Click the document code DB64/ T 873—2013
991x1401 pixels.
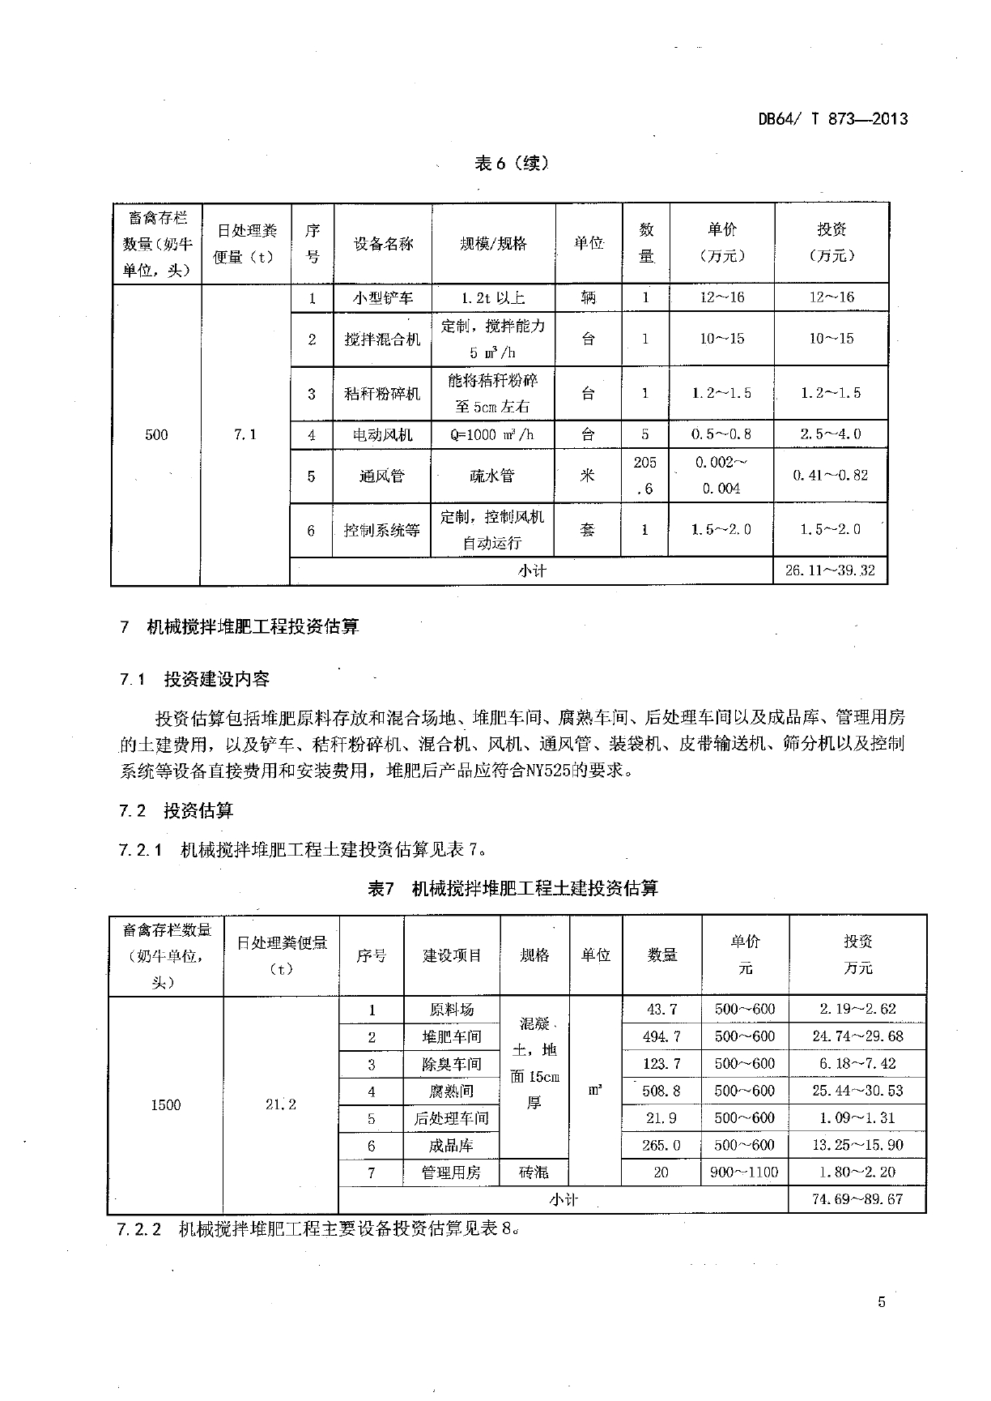[x=833, y=119]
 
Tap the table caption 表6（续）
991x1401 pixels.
[x=511, y=164]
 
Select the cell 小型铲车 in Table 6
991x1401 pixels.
[x=382, y=297]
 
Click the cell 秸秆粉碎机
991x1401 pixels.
[x=382, y=394]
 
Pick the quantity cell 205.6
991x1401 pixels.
[x=645, y=476]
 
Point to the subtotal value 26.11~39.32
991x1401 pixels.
[x=830, y=570]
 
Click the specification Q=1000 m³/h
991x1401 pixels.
[x=493, y=434]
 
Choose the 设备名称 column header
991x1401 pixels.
[x=383, y=243]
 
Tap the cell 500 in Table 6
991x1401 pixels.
[x=156, y=434]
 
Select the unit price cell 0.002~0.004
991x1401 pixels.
[x=721, y=476]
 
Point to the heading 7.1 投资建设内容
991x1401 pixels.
[x=194, y=679]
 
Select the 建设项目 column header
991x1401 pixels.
[x=452, y=956]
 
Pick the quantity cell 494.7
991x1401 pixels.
[x=661, y=1036]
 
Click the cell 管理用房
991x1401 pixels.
[x=451, y=1172]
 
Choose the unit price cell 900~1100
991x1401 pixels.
[x=744, y=1172]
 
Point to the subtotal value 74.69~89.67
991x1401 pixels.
[x=857, y=1199]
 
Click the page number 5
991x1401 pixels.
[x=882, y=1303]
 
